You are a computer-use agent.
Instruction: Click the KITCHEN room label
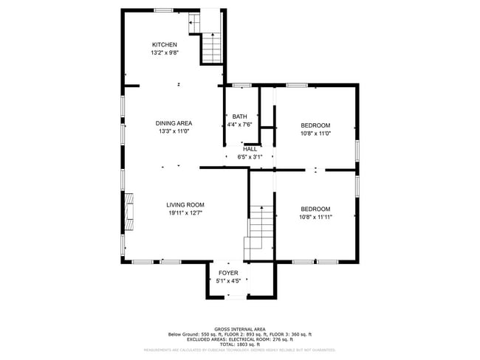pos(165,45)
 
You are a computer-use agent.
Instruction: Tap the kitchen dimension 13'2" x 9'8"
pos(165,53)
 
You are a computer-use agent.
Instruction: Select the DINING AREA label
pos(174,123)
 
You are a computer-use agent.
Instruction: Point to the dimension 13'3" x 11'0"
pos(174,131)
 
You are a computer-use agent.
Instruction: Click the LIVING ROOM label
pos(185,205)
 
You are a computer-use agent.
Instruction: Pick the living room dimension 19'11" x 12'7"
pos(185,213)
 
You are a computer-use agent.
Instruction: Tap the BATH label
pos(240,117)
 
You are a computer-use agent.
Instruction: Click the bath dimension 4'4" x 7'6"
pos(240,125)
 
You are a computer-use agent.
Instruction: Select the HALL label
pos(250,149)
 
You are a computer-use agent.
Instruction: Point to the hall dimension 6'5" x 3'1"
pos(250,157)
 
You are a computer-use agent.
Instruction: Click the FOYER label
pos(227,273)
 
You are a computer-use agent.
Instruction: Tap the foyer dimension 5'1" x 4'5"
pos(227,281)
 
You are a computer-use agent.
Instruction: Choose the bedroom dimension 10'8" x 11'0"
pos(315,134)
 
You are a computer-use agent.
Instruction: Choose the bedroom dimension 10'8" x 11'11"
pos(315,217)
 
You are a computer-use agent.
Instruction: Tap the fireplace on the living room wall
pos(128,210)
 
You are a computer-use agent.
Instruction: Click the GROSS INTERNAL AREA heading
pos(240,329)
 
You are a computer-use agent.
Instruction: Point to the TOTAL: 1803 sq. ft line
pos(240,345)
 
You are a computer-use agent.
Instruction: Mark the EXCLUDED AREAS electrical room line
pos(240,339)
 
